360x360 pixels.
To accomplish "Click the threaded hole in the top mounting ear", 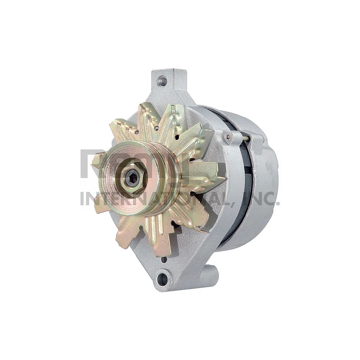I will coord(162,80).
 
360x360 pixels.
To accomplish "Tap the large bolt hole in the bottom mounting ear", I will coord(162,279).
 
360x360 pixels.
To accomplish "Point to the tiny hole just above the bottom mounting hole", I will coord(164,259).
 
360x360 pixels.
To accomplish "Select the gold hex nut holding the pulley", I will coord(132,177).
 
